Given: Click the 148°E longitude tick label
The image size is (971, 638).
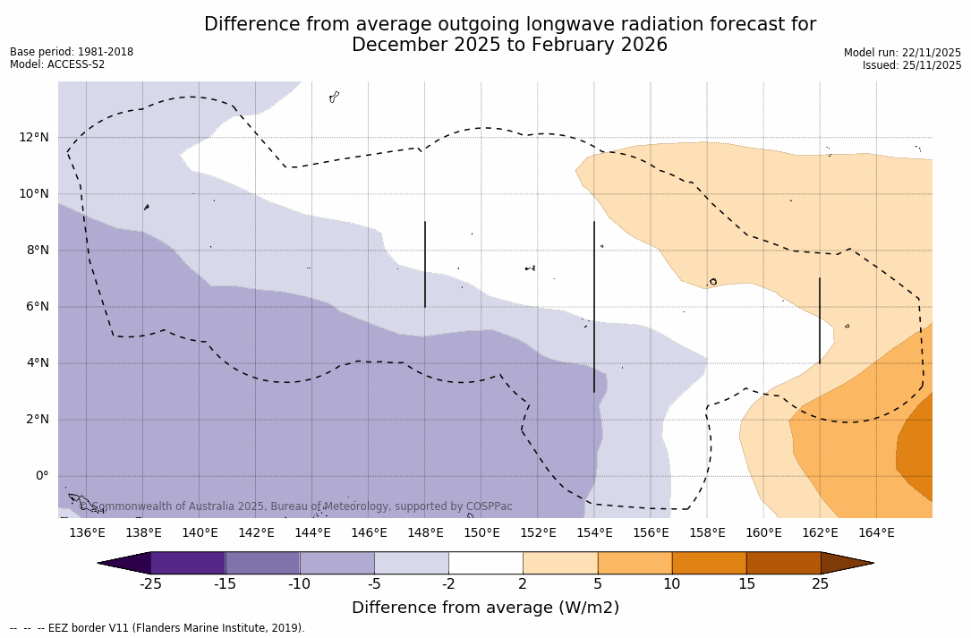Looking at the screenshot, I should pos(425,533).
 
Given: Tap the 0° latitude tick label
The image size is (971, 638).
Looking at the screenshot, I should pos(41,476).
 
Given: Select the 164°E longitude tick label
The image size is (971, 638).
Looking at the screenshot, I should pos(876,533).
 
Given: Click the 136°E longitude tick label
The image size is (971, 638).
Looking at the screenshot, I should pos(87,533).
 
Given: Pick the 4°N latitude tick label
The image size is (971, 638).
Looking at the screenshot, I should pos(38,363).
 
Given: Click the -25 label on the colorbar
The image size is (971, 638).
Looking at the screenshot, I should pos(150,584).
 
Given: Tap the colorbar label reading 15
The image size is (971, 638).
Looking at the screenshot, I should pos(746,584).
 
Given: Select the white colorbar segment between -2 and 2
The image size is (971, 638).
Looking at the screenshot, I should pos(485,563).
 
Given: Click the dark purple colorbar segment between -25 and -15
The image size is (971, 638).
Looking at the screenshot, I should pos(188,563).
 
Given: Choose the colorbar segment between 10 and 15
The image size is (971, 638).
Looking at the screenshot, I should pos(709,563).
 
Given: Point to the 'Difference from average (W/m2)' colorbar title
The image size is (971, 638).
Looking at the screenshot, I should pos(485,608).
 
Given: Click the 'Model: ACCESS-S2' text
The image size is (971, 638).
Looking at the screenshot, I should pos(57,64).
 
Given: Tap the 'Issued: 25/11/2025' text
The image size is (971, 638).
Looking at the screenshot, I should pos(912,65).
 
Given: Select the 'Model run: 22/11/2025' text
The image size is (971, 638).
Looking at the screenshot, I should pos(902,53).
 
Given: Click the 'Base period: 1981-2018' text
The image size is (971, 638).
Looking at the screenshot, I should pos(72,52).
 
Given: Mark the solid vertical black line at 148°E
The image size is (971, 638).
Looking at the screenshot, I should pos(425,264).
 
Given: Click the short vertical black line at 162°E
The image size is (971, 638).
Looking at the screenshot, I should pos(820,320).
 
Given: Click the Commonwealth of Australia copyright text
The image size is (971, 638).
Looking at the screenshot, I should pos(295,506).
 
